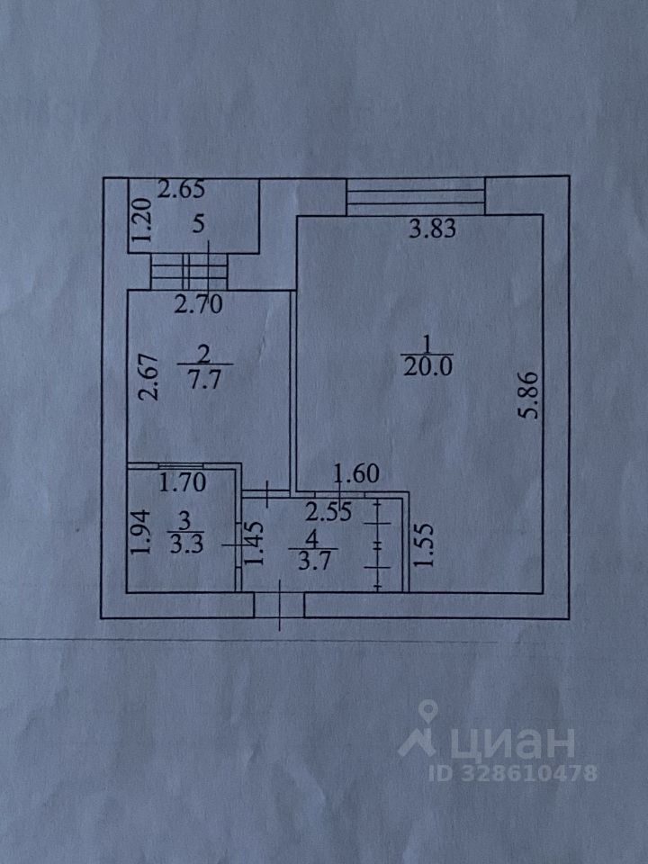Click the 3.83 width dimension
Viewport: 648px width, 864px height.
pos(433,229)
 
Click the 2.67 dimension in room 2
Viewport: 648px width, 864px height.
pos(150,377)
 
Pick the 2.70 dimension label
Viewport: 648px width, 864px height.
pos(197,304)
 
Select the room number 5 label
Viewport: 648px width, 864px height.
pos(197,224)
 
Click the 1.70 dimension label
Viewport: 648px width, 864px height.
pos(183,481)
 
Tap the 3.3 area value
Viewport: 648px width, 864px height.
pos(184,544)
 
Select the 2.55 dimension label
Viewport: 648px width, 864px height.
pos(326,513)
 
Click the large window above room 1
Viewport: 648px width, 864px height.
pos(416,196)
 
